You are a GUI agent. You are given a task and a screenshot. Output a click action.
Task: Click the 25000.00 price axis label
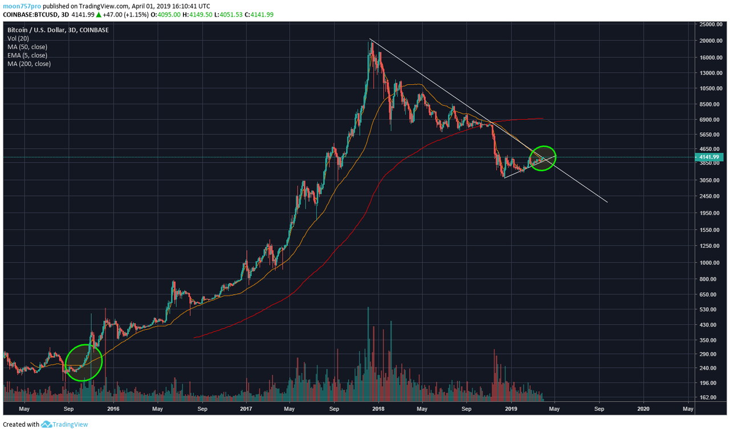(711, 24)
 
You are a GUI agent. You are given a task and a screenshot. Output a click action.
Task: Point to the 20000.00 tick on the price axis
(711, 40)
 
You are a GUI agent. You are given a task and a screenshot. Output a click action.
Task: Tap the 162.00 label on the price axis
(713, 398)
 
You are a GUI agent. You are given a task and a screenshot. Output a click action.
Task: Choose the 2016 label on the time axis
(113, 409)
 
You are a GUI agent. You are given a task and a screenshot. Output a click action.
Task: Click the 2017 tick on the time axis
(246, 409)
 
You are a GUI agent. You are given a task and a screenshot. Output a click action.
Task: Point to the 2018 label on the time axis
(378, 409)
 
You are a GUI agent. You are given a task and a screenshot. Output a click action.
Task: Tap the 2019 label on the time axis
(511, 409)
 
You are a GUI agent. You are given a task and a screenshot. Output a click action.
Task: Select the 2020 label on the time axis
(643, 409)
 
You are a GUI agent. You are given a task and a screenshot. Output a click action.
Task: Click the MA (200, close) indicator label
(29, 64)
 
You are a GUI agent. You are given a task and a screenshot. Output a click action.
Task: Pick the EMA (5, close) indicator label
(27, 55)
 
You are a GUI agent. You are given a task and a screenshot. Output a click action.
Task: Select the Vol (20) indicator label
(18, 38)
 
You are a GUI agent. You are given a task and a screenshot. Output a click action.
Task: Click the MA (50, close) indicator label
(27, 47)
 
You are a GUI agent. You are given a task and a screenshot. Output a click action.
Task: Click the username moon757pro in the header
(22, 6)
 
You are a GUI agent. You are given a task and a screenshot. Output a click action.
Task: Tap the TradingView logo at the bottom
(64, 424)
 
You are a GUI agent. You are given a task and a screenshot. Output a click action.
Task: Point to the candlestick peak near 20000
(372, 42)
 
